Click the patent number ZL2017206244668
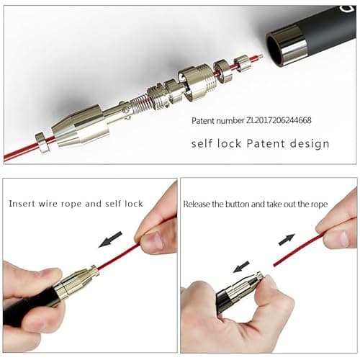(x=279, y=120)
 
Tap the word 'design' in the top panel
(x=310, y=144)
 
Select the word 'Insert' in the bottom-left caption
(x=22, y=204)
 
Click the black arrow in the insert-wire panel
(x=110, y=239)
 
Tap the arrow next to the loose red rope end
(x=287, y=239)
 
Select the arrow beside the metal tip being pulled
(x=241, y=267)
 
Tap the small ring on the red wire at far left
(x=42, y=143)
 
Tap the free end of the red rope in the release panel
(x=274, y=265)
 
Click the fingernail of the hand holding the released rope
(x=343, y=238)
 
